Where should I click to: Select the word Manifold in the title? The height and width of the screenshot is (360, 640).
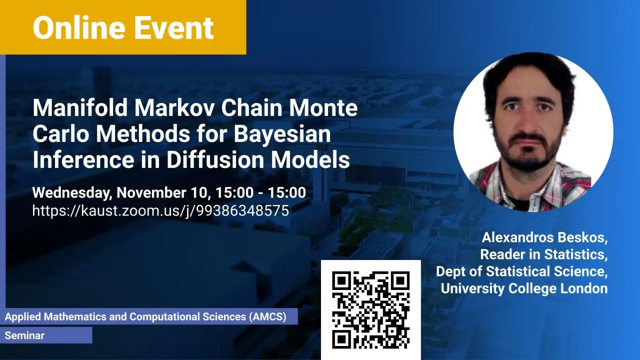[x=80, y=107]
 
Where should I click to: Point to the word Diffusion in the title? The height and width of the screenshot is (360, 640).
[x=215, y=159]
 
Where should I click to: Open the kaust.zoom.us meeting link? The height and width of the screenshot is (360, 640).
[x=160, y=211]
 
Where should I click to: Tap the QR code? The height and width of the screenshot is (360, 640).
[x=371, y=309]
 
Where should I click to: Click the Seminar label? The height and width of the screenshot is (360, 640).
[x=24, y=335]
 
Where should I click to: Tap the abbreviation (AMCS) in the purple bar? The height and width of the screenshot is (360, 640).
[x=267, y=316]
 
